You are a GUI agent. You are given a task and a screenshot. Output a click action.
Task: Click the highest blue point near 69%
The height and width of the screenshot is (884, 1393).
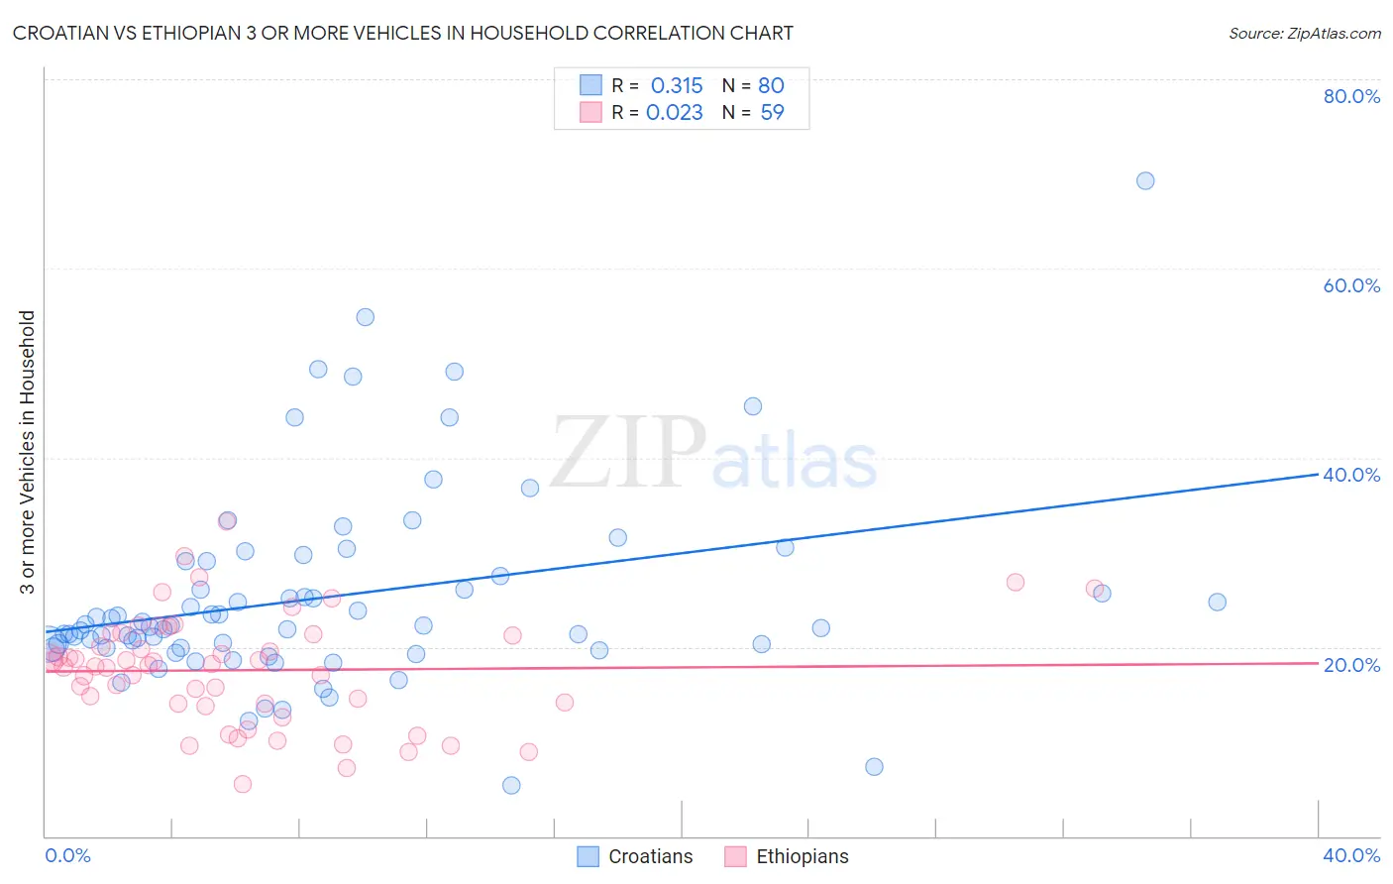1144,180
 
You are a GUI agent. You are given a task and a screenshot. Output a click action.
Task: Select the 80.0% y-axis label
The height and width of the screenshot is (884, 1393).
1351,96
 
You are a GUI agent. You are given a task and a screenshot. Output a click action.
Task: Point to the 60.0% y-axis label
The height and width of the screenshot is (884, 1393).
1351,285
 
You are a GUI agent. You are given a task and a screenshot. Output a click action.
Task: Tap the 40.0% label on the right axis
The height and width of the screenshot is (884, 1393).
1351,475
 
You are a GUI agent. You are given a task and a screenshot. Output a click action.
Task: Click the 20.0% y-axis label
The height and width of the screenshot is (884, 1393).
1351,664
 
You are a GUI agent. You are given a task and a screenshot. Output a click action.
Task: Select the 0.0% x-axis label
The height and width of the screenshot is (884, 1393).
67,855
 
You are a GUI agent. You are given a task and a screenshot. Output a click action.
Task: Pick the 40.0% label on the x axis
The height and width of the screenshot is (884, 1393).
1351,855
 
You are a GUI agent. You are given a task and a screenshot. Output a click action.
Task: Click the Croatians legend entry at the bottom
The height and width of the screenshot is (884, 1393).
650,856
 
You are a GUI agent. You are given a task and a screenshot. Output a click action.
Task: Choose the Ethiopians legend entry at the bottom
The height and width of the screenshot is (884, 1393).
802,856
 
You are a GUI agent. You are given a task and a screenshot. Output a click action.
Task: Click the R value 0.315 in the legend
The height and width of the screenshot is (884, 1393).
677,85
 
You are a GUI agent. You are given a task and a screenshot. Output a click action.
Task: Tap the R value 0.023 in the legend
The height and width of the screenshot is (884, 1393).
675,112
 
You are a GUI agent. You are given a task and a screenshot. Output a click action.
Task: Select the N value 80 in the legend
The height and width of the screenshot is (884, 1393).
771,85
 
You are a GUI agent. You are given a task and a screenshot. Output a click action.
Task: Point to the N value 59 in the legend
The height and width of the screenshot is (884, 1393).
772,112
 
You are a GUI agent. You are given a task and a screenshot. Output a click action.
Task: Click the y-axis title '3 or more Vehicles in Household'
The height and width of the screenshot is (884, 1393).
28,452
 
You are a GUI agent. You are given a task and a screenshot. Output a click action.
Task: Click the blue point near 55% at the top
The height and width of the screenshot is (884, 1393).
365,317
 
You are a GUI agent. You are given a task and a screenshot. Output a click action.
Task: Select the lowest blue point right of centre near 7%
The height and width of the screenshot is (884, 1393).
874,766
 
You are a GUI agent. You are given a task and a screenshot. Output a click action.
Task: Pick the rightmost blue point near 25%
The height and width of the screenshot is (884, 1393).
1217,602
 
